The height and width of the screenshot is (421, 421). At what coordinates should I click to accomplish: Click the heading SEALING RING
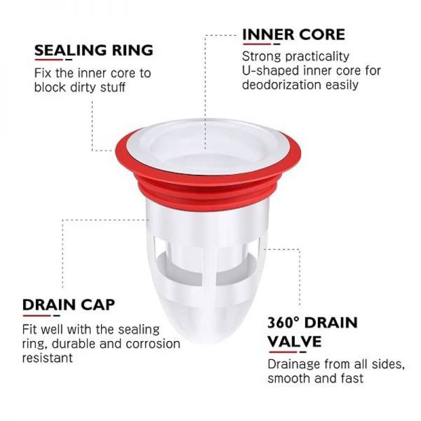[94, 50]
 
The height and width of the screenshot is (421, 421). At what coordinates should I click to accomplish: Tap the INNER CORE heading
[293, 34]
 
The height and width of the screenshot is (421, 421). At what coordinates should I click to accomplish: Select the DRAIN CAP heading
[69, 305]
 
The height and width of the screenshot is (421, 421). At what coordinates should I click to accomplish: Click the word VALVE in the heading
[295, 341]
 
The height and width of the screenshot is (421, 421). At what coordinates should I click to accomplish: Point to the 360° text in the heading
[283, 323]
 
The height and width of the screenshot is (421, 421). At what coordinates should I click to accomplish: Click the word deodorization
[281, 85]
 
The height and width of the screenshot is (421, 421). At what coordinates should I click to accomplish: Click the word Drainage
[294, 365]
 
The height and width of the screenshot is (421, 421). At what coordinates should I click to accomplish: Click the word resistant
[48, 358]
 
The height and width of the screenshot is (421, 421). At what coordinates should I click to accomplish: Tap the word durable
[74, 344]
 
